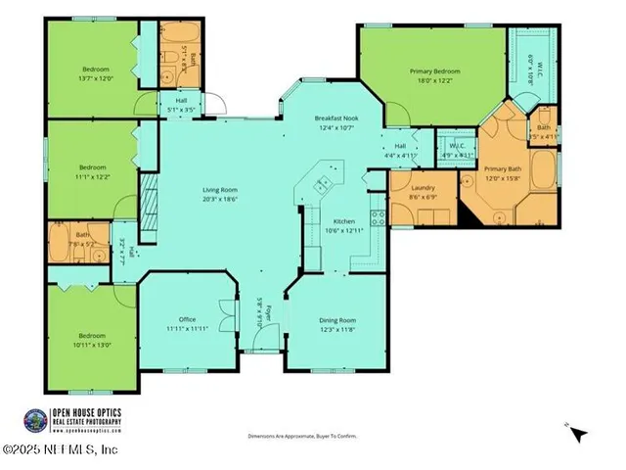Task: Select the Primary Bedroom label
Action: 434,71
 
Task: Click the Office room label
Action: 188,319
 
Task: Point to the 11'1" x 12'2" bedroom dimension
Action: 95,176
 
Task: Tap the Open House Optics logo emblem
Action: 34,419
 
